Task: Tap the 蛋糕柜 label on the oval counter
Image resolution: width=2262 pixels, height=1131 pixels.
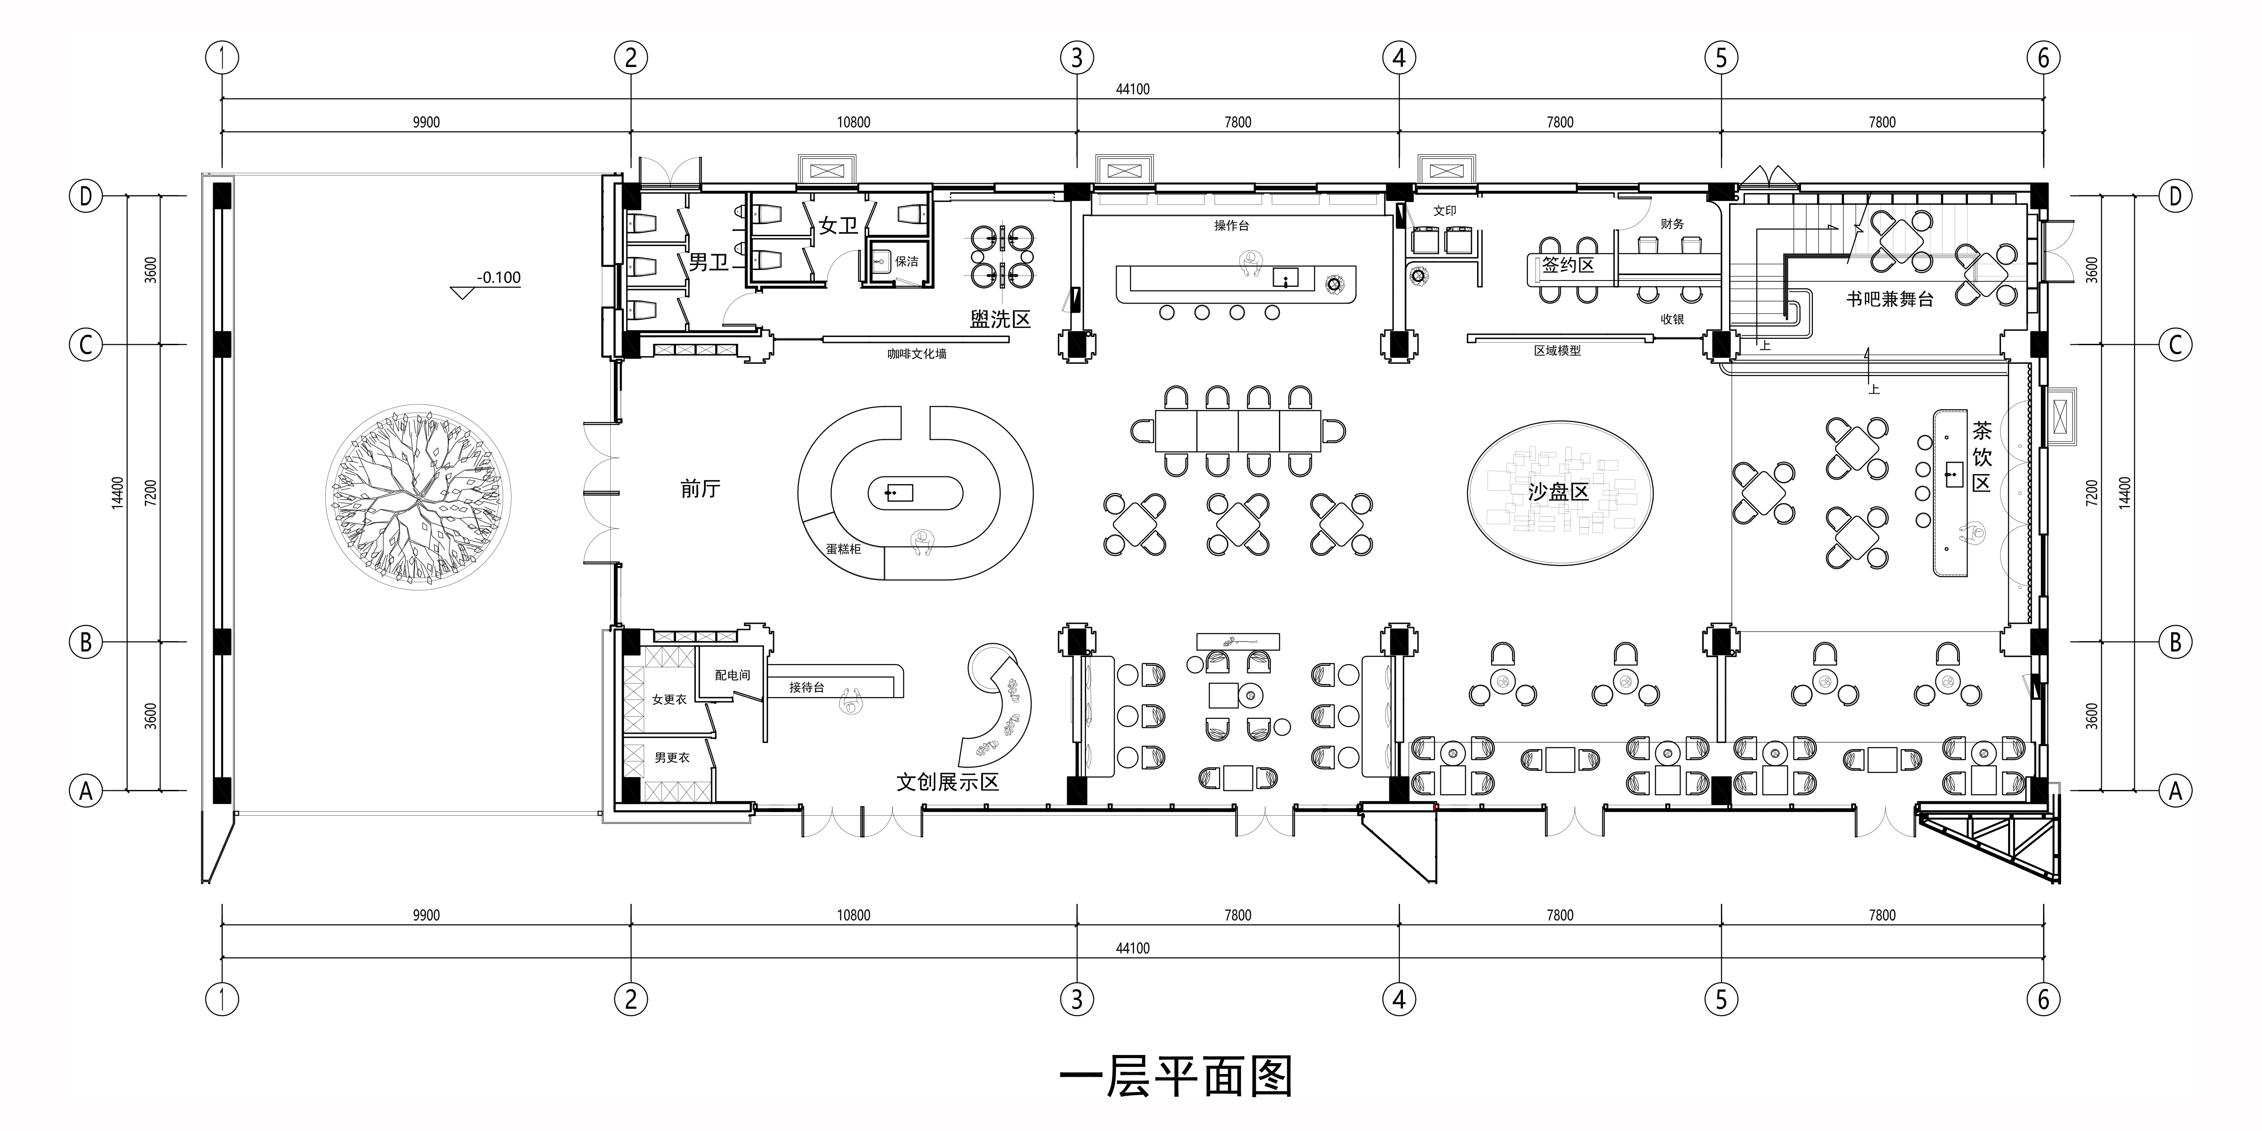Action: (x=843, y=549)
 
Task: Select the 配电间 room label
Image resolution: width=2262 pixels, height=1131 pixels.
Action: (x=732, y=675)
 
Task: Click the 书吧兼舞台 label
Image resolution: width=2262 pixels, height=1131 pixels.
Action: (x=1889, y=299)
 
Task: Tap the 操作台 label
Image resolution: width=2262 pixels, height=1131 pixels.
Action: (x=1231, y=226)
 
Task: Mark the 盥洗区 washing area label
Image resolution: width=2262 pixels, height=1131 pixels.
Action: (x=1000, y=320)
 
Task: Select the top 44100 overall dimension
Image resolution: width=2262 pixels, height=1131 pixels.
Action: (x=1133, y=89)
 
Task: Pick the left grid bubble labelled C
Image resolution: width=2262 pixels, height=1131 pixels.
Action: (x=85, y=344)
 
